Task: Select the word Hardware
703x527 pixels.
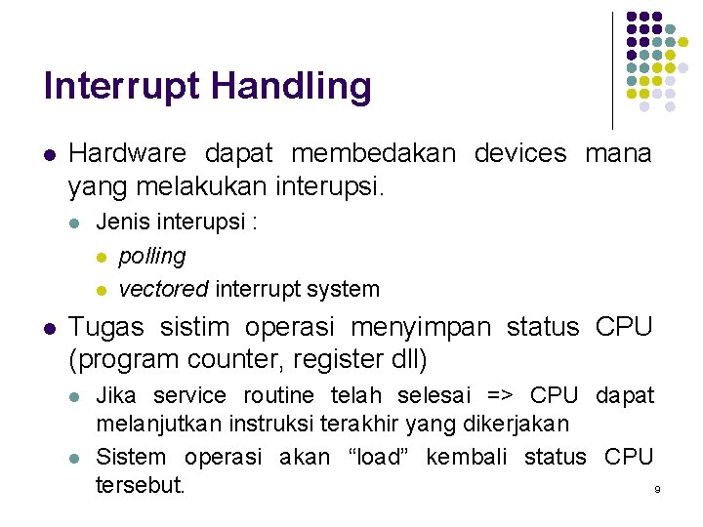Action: [x=127, y=153]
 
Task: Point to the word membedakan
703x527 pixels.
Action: [x=373, y=153]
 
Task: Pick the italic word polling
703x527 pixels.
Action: [x=151, y=256]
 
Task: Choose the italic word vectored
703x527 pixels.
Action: [x=163, y=289]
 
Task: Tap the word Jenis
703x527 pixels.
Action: [x=121, y=223]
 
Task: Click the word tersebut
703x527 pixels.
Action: [x=140, y=485]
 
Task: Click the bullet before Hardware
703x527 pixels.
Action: [x=50, y=154]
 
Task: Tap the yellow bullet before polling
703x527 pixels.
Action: [x=100, y=257]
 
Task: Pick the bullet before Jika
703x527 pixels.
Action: [x=75, y=396]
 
